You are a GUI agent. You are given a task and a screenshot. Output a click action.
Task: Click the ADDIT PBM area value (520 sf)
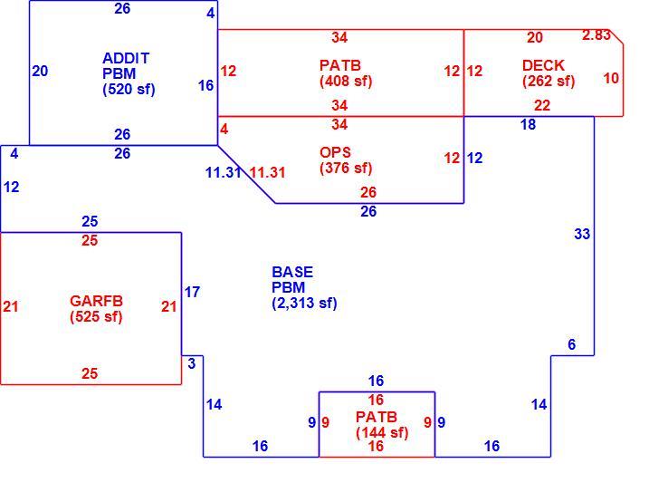tap(129, 90)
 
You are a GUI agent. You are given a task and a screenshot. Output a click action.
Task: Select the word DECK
tap(543, 65)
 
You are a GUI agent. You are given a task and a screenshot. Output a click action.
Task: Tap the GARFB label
tap(96, 301)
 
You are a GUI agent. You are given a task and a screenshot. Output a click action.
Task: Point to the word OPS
tap(335, 152)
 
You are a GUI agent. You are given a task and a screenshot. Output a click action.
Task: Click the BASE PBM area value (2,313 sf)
tap(304, 304)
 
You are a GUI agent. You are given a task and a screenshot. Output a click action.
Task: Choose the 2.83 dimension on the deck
tap(596, 35)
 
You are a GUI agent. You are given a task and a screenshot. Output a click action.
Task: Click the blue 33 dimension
tap(582, 234)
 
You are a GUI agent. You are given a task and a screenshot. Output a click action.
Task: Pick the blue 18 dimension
tap(528, 124)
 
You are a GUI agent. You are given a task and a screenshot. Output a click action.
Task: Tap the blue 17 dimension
tap(192, 292)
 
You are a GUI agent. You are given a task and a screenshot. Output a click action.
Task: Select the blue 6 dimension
tap(572, 344)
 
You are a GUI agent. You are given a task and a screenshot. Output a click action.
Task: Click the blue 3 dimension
tap(192, 363)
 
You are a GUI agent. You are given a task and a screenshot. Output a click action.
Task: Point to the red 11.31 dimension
tap(267, 173)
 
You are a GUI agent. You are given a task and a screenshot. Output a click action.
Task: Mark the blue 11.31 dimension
tap(224, 173)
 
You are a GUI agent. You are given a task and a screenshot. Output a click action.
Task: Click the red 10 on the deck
tap(611, 78)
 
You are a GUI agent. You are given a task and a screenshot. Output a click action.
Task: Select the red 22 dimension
tap(542, 105)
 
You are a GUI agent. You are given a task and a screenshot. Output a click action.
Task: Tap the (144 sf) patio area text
tap(382, 432)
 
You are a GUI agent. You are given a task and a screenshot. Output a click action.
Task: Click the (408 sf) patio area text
tap(346, 81)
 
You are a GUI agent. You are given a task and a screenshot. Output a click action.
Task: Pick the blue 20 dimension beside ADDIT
tap(40, 71)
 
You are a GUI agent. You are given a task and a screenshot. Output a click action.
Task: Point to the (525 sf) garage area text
tap(96, 316)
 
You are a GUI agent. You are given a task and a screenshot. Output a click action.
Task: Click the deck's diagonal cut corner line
tap(616, 36)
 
